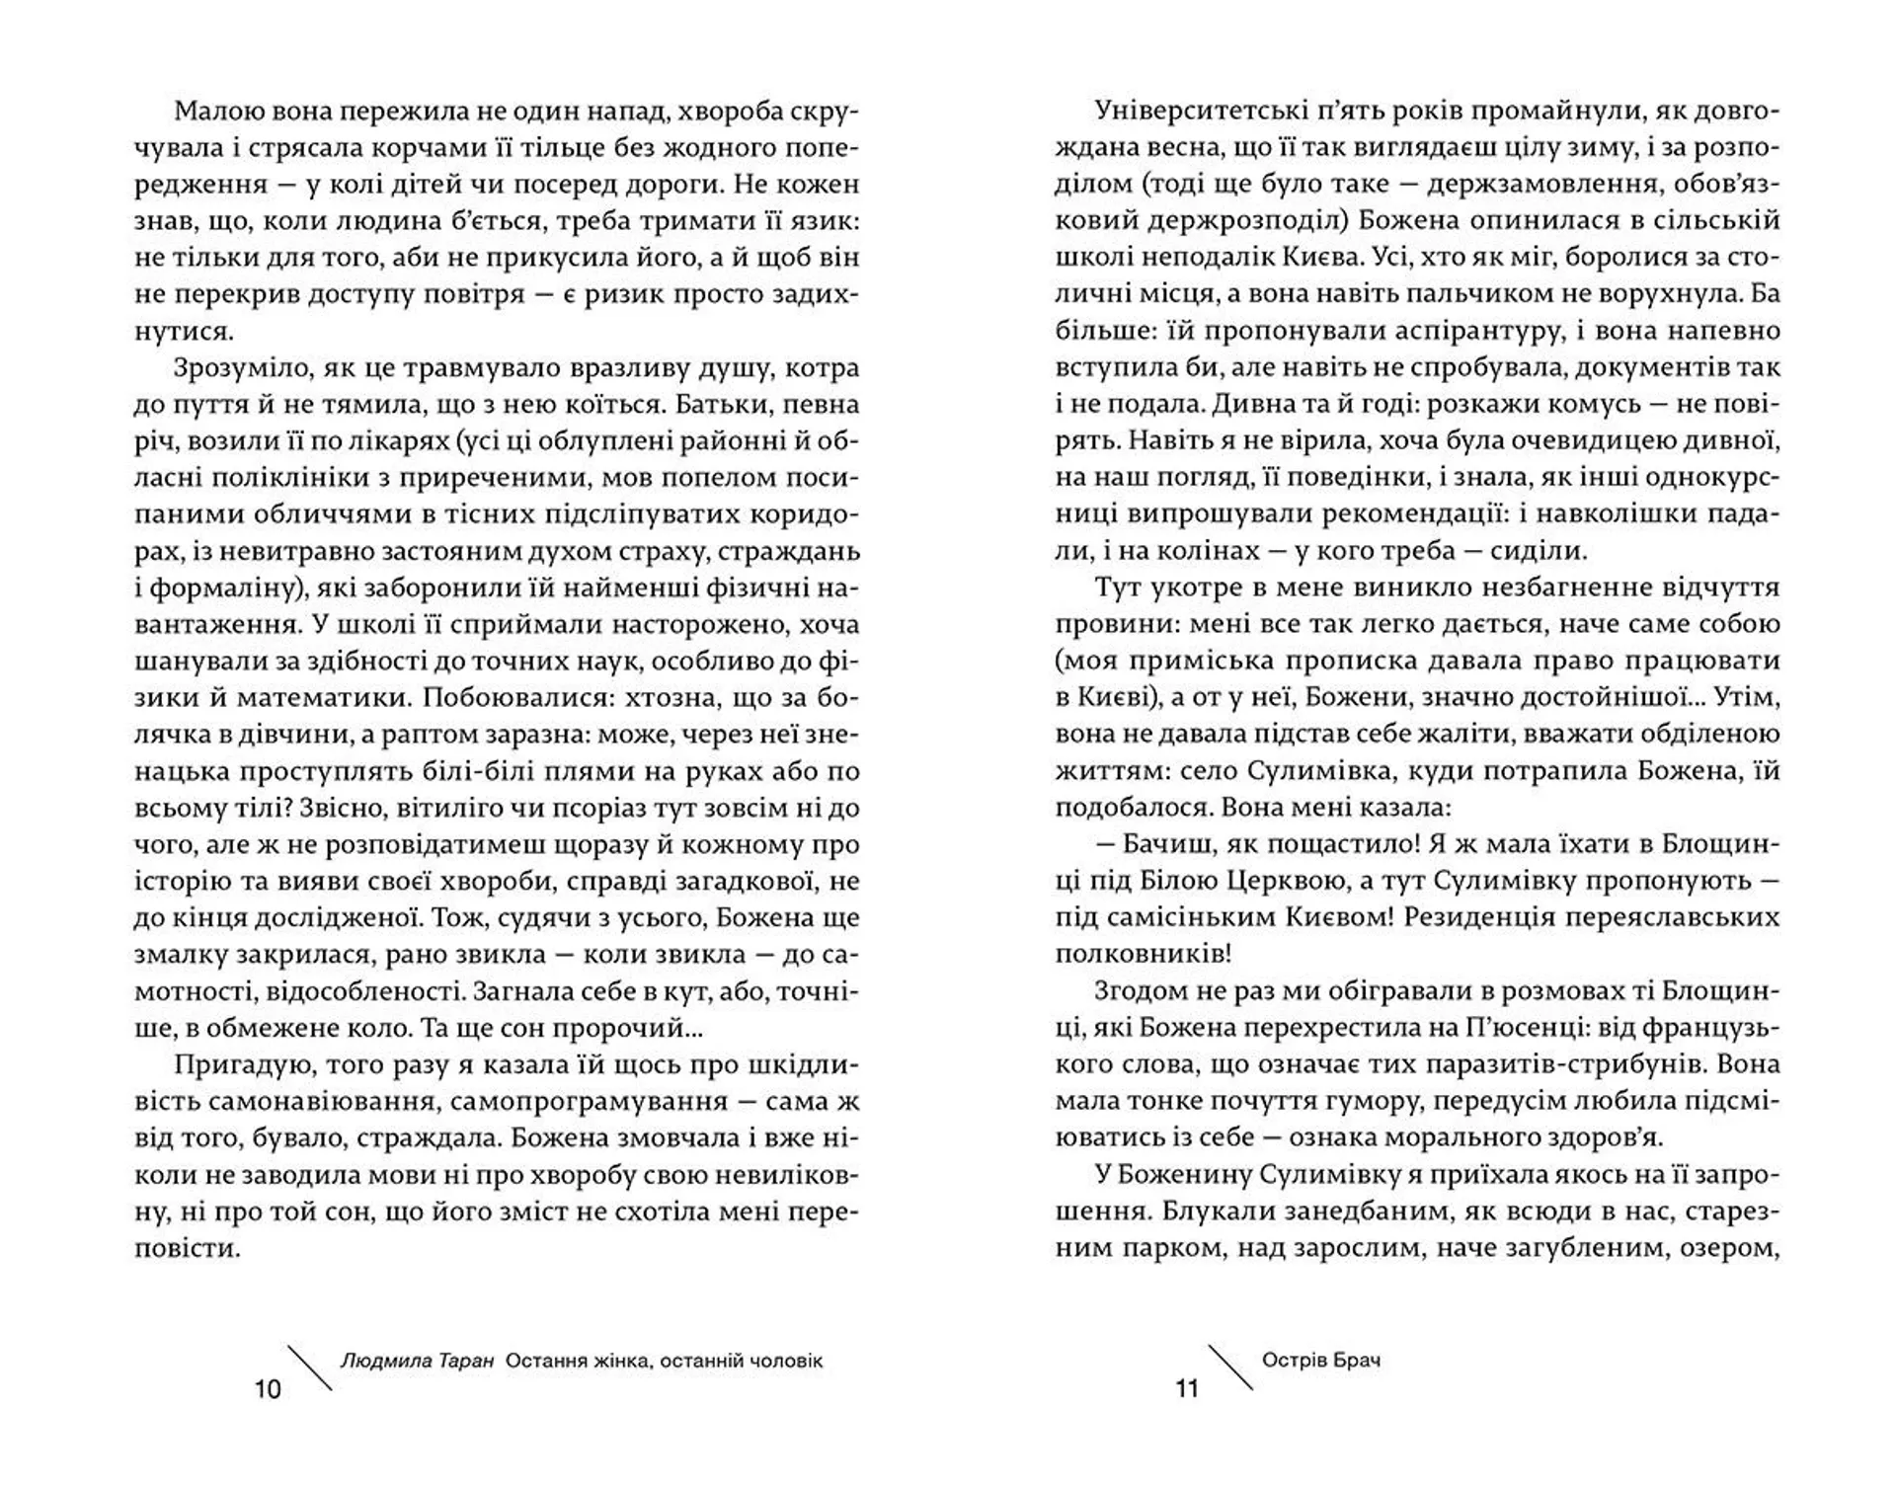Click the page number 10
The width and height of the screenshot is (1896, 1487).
[268, 1389]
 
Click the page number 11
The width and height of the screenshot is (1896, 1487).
[1187, 1389]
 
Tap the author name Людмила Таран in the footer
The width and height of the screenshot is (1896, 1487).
[416, 1361]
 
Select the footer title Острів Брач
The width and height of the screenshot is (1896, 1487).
[1321, 1360]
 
